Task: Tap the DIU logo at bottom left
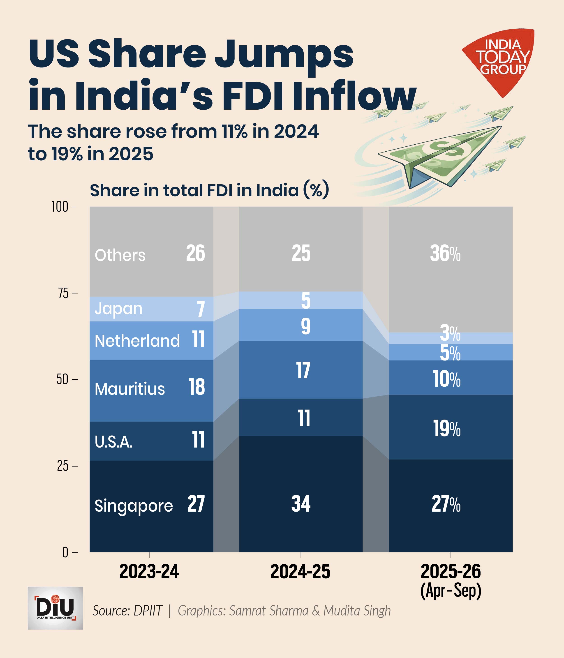(55, 608)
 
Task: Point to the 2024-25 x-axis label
(300, 572)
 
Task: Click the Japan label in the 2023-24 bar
(118, 309)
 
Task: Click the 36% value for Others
(445, 254)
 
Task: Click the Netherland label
(137, 341)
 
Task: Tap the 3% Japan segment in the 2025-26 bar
(450, 333)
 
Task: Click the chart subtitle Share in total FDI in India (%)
(209, 191)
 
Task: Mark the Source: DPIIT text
(127, 611)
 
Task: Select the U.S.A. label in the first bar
(114, 441)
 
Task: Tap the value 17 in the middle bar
(303, 370)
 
